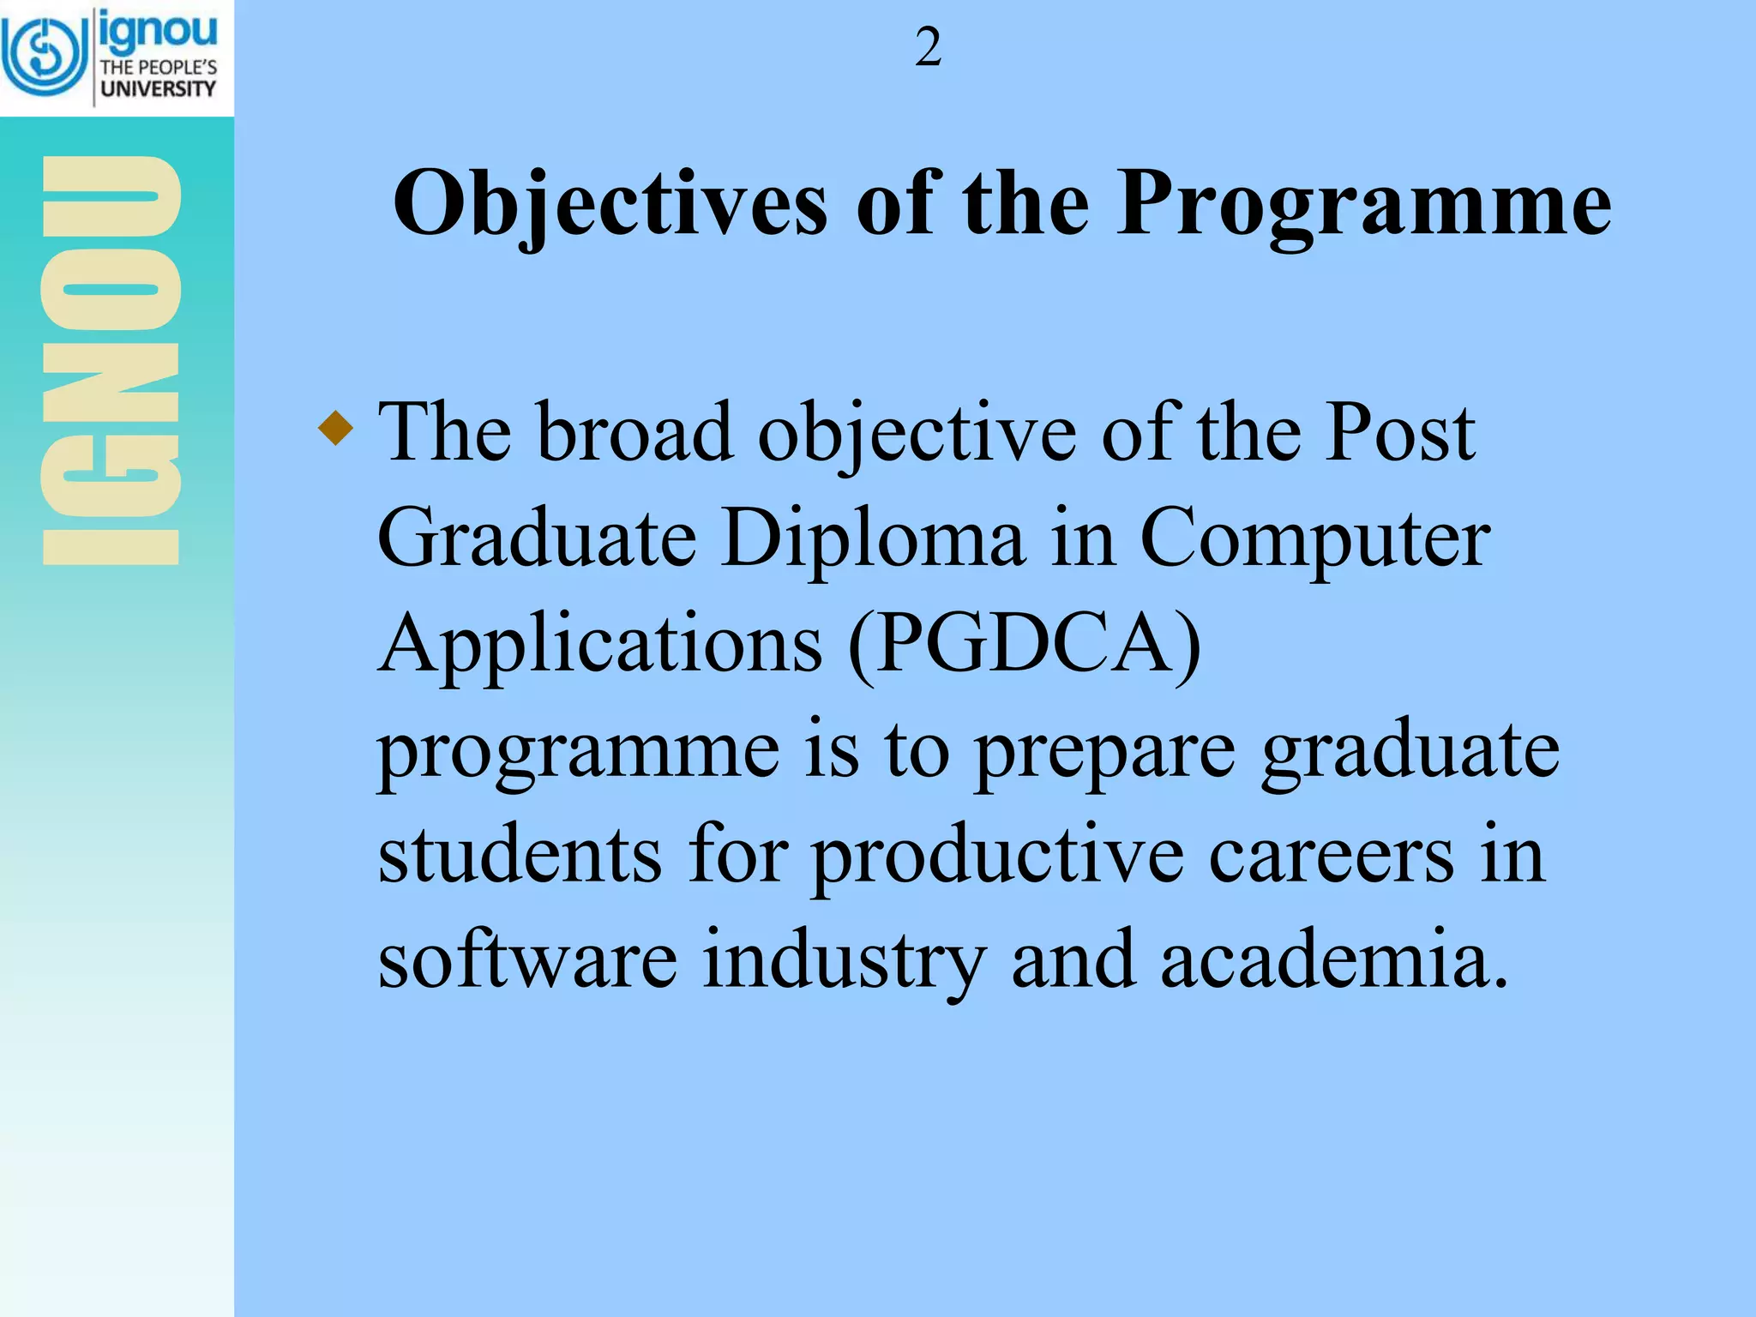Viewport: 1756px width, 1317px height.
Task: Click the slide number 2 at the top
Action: click(x=928, y=48)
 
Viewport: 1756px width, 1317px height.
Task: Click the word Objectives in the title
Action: click(x=610, y=205)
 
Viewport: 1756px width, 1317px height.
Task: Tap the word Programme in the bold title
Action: click(x=1363, y=205)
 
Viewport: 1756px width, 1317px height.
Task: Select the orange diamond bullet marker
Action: click(x=335, y=427)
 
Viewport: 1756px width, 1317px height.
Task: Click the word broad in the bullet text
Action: click(x=634, y=432)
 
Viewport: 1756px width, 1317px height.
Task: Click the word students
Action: click(x=520, y=855)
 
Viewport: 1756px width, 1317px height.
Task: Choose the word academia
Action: click(x=1333, y=960)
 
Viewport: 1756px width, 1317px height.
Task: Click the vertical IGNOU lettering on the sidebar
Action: click(x=111, y=360)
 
